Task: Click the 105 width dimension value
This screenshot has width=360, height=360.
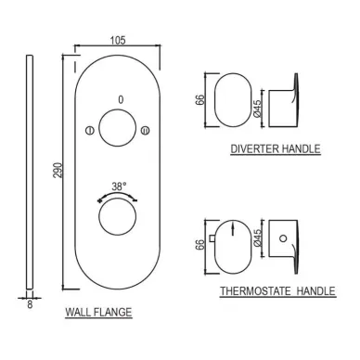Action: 118,40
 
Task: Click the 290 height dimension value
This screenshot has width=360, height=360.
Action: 58,170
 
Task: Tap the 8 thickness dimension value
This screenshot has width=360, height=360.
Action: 30,304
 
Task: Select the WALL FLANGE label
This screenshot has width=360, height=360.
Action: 98,312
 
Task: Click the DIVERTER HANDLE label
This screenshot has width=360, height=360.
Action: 276,148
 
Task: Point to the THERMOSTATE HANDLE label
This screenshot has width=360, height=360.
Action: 277,291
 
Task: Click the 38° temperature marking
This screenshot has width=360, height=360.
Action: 119,186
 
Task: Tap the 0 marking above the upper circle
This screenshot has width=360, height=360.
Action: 121,99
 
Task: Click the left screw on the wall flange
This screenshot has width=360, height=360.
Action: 89,130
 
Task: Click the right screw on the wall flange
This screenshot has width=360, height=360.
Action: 145,130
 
